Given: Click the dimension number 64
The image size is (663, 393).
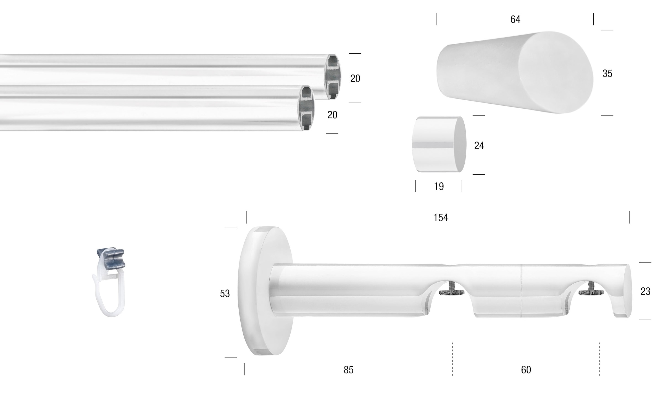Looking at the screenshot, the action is click(x=515, y=19).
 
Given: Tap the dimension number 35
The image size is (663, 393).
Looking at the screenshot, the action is click(x=607, y=74).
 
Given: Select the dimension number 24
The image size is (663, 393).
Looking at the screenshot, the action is click(x=479, y=146).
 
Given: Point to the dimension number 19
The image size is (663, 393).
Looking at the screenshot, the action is click(x=439, y=186).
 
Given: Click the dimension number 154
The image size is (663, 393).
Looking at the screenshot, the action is click(x=441, y=218).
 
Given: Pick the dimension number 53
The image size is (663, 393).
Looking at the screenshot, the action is click(x=225, y=294).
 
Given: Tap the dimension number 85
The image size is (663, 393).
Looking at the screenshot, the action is click(x=349, y=370).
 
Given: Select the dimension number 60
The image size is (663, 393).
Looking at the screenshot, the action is click(x=526, y=370).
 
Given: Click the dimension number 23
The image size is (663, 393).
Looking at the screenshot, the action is click(x=645, y=291).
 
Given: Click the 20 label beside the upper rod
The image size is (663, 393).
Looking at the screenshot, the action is click(x=355, y=78).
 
